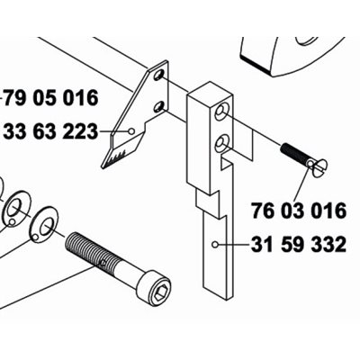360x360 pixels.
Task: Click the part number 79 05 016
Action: point(51,97)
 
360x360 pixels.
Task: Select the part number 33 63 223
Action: point(50,131)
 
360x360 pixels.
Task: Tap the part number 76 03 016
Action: point(299,211)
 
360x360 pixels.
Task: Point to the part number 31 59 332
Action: point(299,245)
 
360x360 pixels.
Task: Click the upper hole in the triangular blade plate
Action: point(158,75)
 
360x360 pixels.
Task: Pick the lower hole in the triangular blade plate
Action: point(158,107)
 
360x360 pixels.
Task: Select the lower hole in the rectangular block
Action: point(222,142)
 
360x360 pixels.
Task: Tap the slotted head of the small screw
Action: point(319,166)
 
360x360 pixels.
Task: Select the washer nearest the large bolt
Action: point(45,225)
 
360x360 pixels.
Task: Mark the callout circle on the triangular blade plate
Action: point(130,131)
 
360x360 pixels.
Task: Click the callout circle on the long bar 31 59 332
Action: point(214,245)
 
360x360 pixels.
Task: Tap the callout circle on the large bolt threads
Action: point(103,263)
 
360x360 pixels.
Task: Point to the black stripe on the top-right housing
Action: point(256,65)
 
